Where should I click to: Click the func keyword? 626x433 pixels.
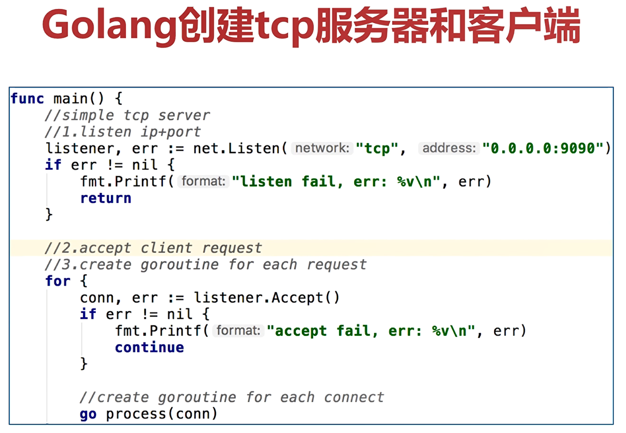[x=27, y=99]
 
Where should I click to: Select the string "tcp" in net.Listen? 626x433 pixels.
[x=377, y=149]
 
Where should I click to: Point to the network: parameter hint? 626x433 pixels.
[x=322, y=148]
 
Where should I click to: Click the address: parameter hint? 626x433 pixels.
[x=449, y=148]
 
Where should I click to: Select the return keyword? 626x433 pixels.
[x=106, y=198]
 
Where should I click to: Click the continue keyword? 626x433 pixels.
[x=150, y=348]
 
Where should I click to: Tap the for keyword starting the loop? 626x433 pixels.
[x=58, y=281]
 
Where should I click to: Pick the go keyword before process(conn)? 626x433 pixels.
[x=88, y=414]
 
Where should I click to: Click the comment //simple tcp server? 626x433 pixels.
[x=127, y=115]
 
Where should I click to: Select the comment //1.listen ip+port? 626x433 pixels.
[x=123, y=132]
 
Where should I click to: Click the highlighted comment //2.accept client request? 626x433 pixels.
[x=153, y=248]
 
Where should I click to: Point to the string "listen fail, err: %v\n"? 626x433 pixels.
[x=336, y=182]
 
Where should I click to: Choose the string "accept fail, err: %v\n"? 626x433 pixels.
[x=371, y=331]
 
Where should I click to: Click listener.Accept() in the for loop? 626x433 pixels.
[x=267, y=298]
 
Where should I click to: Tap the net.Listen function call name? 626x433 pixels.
[x=237, y=149]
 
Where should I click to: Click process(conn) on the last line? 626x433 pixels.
[x=161, y=414]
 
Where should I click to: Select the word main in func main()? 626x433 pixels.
[x=71, y=99]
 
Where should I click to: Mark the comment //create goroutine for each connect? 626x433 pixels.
[x=232, y=398]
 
